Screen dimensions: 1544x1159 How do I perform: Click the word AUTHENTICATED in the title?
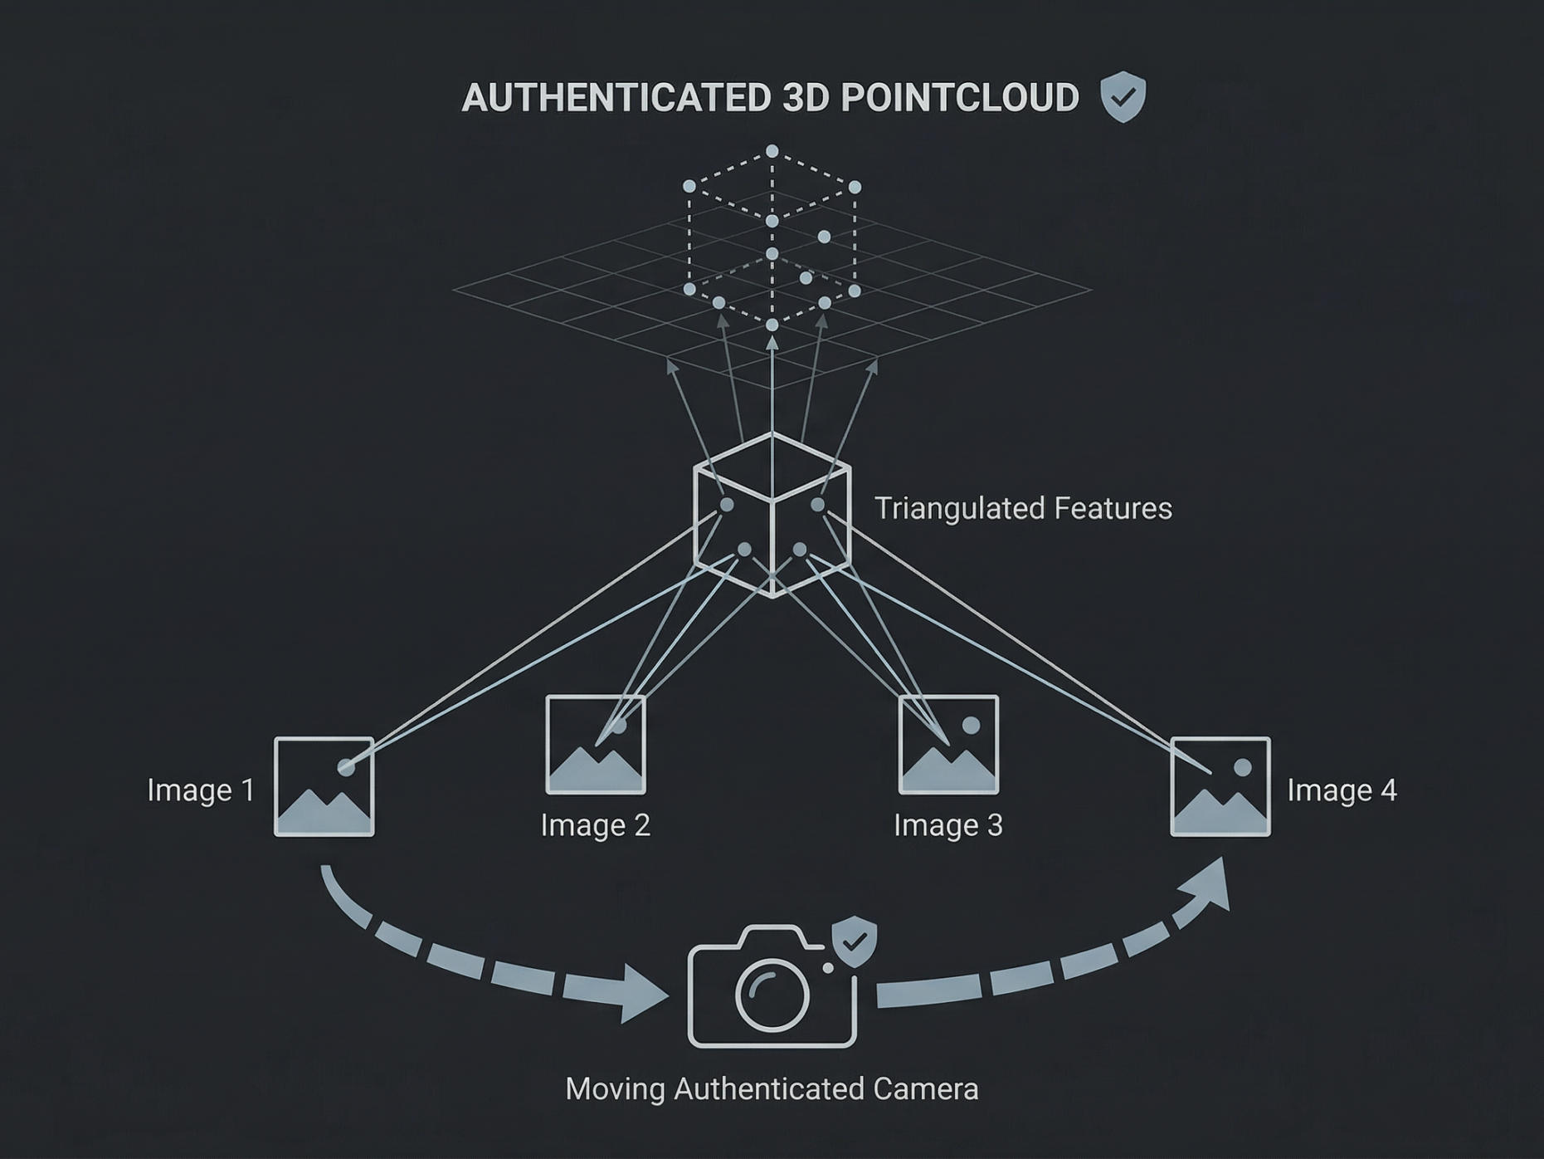click(x=616, y=98)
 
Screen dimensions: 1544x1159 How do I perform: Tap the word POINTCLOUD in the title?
click(x=960, y=98)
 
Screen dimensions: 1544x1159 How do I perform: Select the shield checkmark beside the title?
click(x=1123, y=97)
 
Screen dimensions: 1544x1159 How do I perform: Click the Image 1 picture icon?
click(x=324, y=786)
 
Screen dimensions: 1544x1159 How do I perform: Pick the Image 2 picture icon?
click(x=596, y=745)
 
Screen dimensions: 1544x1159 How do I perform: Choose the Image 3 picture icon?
click(x=949, y=745)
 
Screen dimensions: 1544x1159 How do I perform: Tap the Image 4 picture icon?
click(x=1220, y=786)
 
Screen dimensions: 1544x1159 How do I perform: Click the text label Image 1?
click(x=201, y=790)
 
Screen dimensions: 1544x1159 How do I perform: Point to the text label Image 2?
click(x=596, y=825)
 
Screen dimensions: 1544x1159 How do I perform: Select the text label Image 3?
click(x=948, y=825)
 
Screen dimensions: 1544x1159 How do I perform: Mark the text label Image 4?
click(x=1342, y=790)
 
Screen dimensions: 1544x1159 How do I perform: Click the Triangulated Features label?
click(x=1023, y=508)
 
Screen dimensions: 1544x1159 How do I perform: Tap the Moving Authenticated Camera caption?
click(x=772, y=1088)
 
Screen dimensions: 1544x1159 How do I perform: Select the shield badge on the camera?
click(x=855, y=941)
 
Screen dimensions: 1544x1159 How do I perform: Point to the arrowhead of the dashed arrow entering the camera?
click(x=642, y=994)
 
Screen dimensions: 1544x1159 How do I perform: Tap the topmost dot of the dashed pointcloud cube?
click(x=772, y=151)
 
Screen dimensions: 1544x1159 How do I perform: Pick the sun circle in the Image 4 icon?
click(x=1243, y=767)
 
